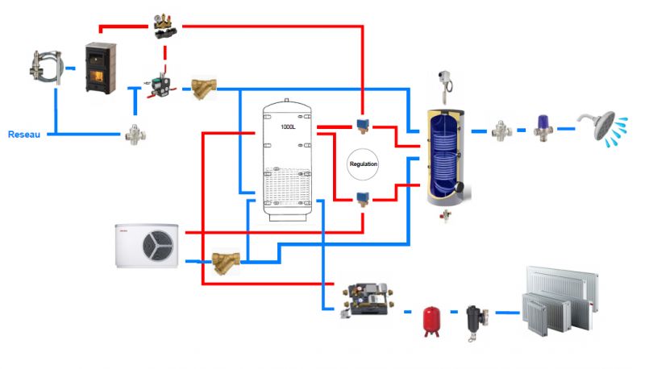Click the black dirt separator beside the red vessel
(x=472, y=321)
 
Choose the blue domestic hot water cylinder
(x=442, y=150)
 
